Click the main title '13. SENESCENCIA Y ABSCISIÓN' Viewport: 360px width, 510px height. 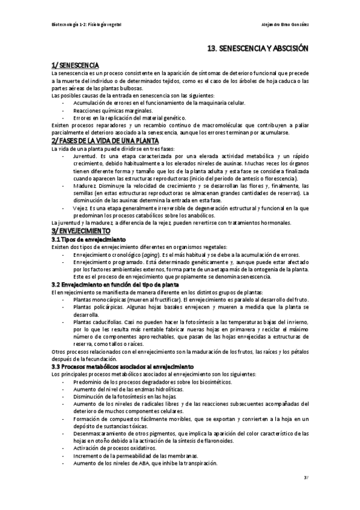[257, 52]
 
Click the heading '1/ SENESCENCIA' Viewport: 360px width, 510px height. [75, 65]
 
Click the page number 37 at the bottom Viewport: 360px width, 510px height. [306, 479]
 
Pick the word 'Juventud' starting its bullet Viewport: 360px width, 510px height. [84, 156]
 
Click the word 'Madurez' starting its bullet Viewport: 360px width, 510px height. [84, 186]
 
